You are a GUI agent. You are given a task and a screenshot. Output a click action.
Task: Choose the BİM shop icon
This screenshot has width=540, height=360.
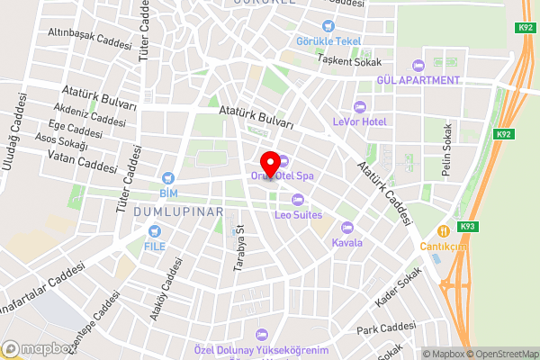pos(166,179)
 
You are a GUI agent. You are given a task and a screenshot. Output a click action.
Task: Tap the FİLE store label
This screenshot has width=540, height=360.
pos(155,245)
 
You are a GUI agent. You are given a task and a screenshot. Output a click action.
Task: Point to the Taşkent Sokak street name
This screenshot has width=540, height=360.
pos(349,62)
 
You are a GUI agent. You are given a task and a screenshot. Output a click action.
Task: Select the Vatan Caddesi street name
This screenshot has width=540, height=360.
pos(85,161)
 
